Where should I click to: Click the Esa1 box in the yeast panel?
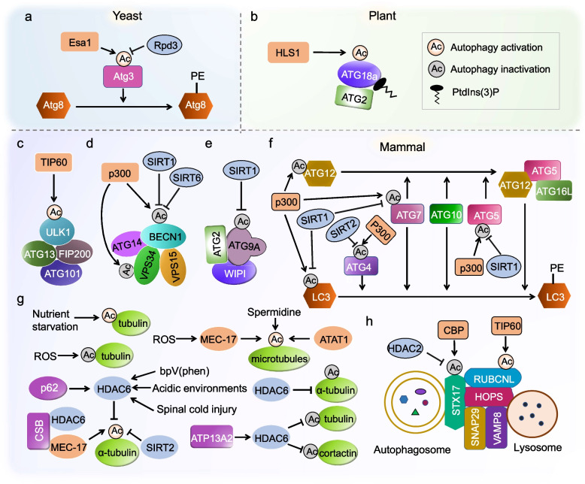80,42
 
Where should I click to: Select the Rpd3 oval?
165,46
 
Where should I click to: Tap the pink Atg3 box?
123,77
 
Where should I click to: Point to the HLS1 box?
288,53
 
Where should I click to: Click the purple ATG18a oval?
359,74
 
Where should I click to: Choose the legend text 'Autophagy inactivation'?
500,69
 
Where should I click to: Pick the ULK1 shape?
58,232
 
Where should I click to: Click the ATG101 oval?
62,274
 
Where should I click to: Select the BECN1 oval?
164,237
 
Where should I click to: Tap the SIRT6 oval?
186,178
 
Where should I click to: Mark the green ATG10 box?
446,214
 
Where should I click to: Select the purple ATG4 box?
360,266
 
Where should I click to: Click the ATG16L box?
553,191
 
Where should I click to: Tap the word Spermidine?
274,312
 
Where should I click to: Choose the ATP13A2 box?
211,437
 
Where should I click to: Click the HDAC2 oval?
405,349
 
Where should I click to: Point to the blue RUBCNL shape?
493,379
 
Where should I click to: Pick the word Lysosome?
537,447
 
